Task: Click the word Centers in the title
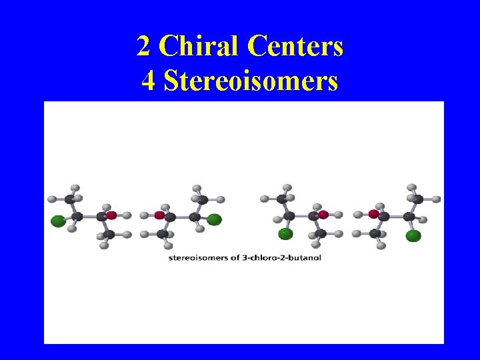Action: (x=295, y=47)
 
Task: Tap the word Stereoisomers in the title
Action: (x=250, y=81)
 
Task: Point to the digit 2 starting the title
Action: (x=143, y=47)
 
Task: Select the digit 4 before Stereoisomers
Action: (x=149, y=81)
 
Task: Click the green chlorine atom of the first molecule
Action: (x=58, y=220)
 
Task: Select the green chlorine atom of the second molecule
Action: (x=214, y=219)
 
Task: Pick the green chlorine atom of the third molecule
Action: (x=285, y=233)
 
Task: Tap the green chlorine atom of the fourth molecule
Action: (x=413, y=235)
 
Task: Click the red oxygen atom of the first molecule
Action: (x=111, y=215)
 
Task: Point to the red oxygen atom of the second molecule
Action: (x=160, y=215)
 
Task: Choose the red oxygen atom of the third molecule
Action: (x=323, y=215)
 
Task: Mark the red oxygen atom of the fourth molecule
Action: (x=374, y=215)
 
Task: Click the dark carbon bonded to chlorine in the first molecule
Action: (x=78, y=216)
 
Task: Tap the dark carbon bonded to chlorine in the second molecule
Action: (x=195, y=216)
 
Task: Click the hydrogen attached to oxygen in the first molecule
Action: (x=127, y=215)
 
